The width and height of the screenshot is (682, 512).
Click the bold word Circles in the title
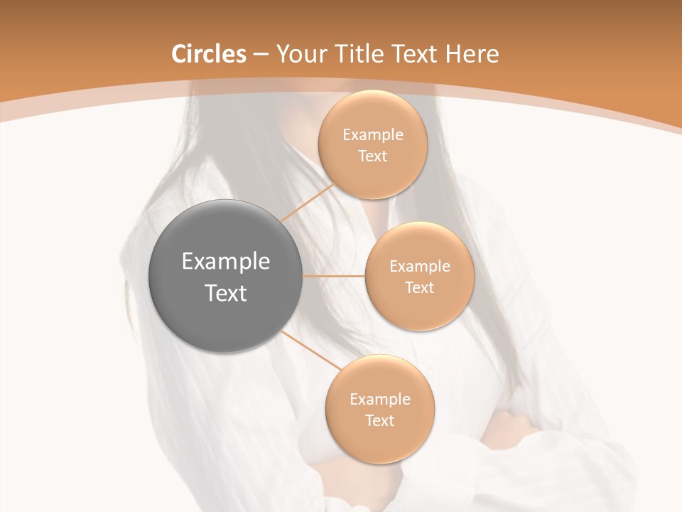pos(208,54)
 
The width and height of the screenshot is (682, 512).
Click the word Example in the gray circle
pos(226,262)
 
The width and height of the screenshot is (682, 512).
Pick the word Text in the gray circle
pos(226,293)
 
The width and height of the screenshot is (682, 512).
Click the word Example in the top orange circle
pos(373,134)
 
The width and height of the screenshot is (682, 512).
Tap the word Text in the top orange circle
pos(372,156)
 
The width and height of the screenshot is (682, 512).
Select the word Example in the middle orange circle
pos(420,266)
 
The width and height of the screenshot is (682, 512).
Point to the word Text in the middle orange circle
pos(419,287)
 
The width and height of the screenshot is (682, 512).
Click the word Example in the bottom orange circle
pos(380,399)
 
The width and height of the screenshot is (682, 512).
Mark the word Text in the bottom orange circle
pos(379,420)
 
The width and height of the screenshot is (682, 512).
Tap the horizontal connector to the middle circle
pos(334,276)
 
